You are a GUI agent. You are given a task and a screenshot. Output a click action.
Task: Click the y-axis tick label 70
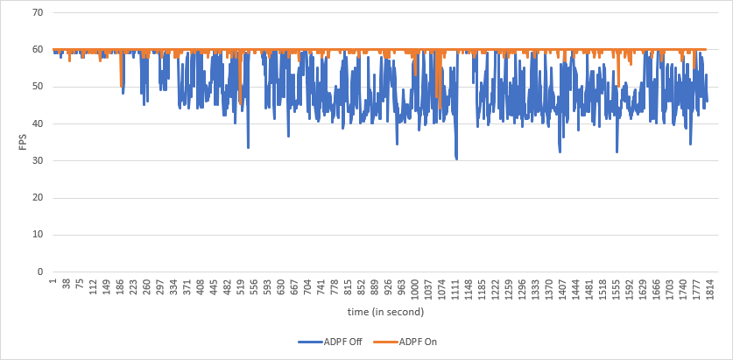coord(36,13)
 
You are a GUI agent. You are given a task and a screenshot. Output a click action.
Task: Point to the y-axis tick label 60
coord(36,50)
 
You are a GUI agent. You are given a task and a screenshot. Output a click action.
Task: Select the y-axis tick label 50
coord(36,87)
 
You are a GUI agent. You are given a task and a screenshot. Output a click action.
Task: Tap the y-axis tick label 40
coord(36,124)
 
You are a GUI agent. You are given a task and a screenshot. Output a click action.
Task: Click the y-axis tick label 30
coord(36,161)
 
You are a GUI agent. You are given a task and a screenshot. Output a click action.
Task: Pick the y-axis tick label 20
coord(36,198)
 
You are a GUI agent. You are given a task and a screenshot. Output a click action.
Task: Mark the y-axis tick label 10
coord(36,235)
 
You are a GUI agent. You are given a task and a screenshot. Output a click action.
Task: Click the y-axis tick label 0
coord(39,272)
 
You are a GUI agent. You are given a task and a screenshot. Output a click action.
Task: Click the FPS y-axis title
coord(24,142)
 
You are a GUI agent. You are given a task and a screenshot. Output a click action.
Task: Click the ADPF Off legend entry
coord(338,342)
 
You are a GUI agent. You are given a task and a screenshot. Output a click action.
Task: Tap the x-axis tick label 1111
coord(455,288)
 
